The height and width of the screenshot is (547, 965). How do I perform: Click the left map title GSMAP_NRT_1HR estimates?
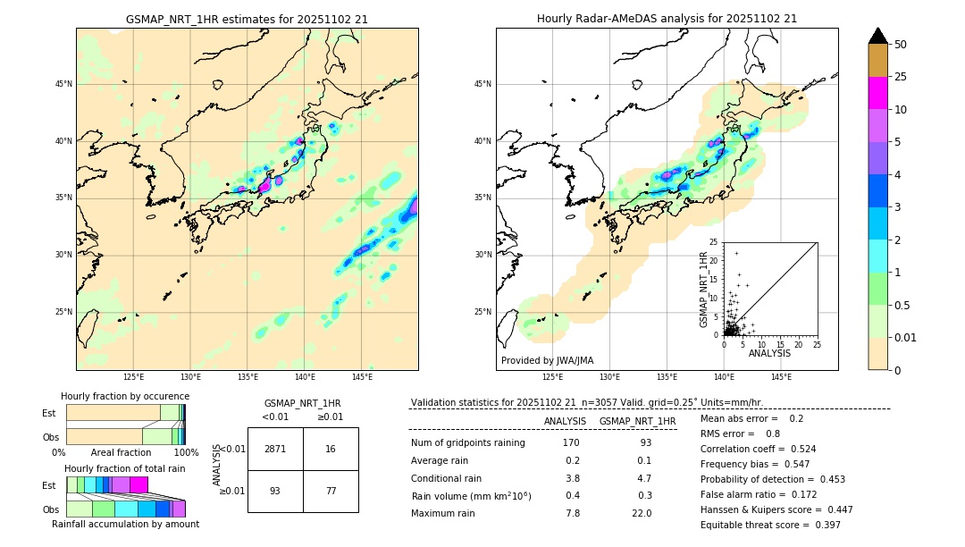click(x=247, y=19)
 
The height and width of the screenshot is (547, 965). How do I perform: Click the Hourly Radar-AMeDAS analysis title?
click(x=667, y=19)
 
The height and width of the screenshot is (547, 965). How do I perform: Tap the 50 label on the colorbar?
click(x=901, y=45)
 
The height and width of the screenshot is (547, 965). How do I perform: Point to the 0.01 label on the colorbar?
click(x=906, y=337)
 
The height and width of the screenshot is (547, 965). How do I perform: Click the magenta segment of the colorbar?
click(x=877, y=93)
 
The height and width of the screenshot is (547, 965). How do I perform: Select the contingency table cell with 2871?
click(x=275, y=449)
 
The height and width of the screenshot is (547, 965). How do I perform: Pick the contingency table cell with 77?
click(x=331, y=491)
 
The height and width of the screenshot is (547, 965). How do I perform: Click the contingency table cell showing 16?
click(x=331, y=449)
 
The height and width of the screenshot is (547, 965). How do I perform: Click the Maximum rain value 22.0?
click(x=642, y=513)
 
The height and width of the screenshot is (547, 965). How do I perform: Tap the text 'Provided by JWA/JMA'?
click(x=547, y=360)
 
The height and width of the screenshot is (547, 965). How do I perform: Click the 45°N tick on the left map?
click(x=63, y=84)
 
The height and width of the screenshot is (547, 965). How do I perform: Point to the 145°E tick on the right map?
click(x=781, y=377)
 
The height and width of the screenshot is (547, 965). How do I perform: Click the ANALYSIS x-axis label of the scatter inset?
click(x=769, y=353)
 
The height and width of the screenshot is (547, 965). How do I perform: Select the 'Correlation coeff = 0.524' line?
click(x=758, y=449)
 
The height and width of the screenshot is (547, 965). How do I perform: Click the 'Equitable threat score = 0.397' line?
click(x=770, y=525)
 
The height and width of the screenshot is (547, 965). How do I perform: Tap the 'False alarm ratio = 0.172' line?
click(x=758, y=494)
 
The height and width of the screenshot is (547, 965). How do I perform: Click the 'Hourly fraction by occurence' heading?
click(x=125, y=396)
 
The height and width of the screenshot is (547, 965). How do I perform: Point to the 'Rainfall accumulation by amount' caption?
click(x=125, y=524)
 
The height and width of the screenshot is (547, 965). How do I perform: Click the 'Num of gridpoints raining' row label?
click(x=467, y=442)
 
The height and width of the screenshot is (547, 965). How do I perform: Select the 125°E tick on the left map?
click(x=134, y=377)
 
